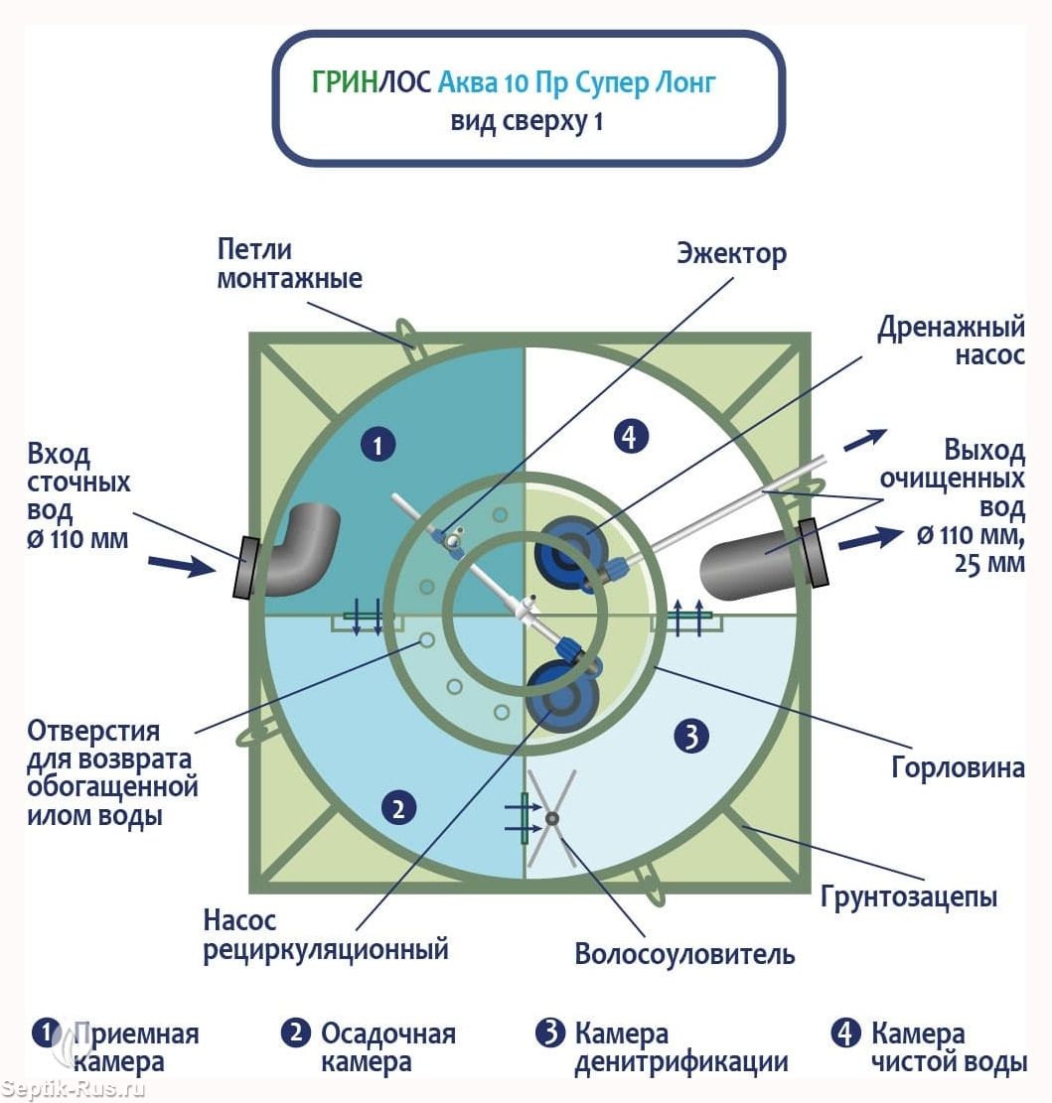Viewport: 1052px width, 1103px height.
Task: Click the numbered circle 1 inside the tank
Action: (x=377, y=445)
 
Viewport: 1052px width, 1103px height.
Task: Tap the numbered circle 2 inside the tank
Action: (x=398, y=807)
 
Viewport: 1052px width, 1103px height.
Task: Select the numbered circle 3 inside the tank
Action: (x=691, y=736)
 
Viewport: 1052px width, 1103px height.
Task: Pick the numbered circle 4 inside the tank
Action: (x=630, y=436)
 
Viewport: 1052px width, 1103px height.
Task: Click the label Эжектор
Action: (x=732, y=254)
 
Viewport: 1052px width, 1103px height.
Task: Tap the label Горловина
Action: (x=958, y=767)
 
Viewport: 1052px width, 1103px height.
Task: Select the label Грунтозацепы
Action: (x=909, y=896)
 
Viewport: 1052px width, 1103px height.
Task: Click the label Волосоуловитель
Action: (x=684, y=954)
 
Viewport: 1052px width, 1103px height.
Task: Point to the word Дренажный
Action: (x=951, y=328)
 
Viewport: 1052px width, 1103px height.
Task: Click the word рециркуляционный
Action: (x=326, y=950)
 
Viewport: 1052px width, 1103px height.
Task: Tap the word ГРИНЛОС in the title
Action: (x=372, y=82)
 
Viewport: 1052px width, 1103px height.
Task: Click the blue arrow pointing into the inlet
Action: (x=182, y=565)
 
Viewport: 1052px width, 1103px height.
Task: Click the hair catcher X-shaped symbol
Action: (x=551, y=818)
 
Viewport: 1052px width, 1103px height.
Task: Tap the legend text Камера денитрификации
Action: (x=681, y=1048)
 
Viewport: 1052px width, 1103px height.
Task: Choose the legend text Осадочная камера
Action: (x=388, y=1048)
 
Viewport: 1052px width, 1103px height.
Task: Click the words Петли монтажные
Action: (x=289, y=264)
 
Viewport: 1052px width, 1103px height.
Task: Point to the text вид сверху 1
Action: (x=526, y=122)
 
